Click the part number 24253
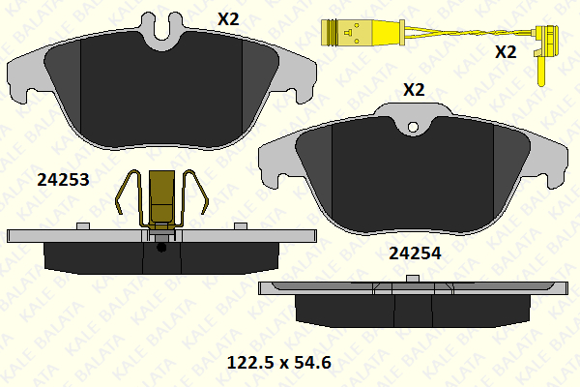(x=63, y=180)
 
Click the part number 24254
(x=415, y=253)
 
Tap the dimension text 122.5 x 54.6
(x=279, y=363)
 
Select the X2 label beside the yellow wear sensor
(x=506, y=52)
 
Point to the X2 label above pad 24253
(x=228, y=19)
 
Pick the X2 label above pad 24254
(x=414, y=90)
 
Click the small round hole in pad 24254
(x=413, y=128)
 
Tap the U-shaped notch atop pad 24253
(x=162, y=32)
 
